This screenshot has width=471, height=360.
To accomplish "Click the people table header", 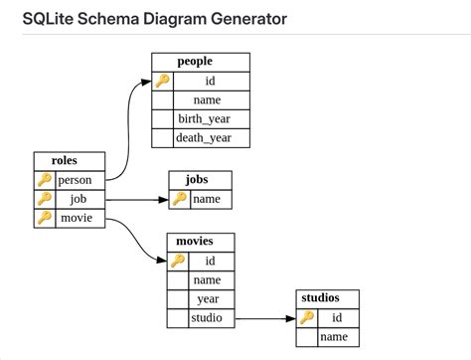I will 200,62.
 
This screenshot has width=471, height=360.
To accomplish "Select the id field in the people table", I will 210,81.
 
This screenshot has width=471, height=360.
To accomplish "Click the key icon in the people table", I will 162,81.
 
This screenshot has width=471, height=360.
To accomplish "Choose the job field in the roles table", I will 78,199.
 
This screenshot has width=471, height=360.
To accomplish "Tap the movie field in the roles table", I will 78,218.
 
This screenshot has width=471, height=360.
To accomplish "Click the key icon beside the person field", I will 44,180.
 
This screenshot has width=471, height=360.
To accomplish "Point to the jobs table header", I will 203,180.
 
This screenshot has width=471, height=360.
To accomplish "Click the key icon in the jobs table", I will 179,199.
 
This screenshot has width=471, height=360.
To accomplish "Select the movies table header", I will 203,242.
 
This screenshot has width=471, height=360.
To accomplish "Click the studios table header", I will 327,298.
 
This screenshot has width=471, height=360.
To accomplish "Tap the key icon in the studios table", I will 307,318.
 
